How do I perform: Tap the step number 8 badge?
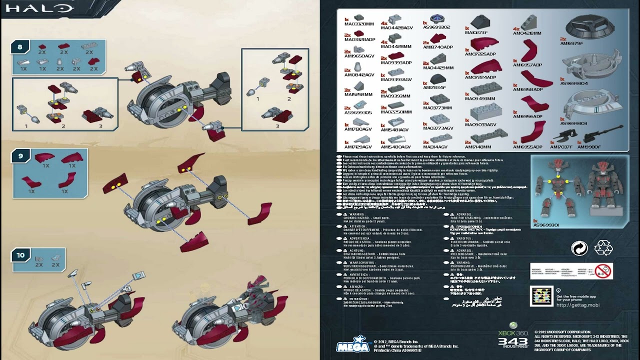coord(20,47)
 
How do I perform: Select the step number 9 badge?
coord(20,156)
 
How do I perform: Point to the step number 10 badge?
coord(20,255)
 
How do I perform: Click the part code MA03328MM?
coord(359,24)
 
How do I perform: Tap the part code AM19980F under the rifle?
coord(588,147)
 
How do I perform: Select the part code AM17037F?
coord(561,147)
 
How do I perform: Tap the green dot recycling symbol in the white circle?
coord(579,248)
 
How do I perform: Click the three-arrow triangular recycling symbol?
coord(603,248)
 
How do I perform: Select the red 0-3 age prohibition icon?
coord(604,271)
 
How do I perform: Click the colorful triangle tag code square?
coord(541,296)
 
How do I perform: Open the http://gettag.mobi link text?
coord(577,305)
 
